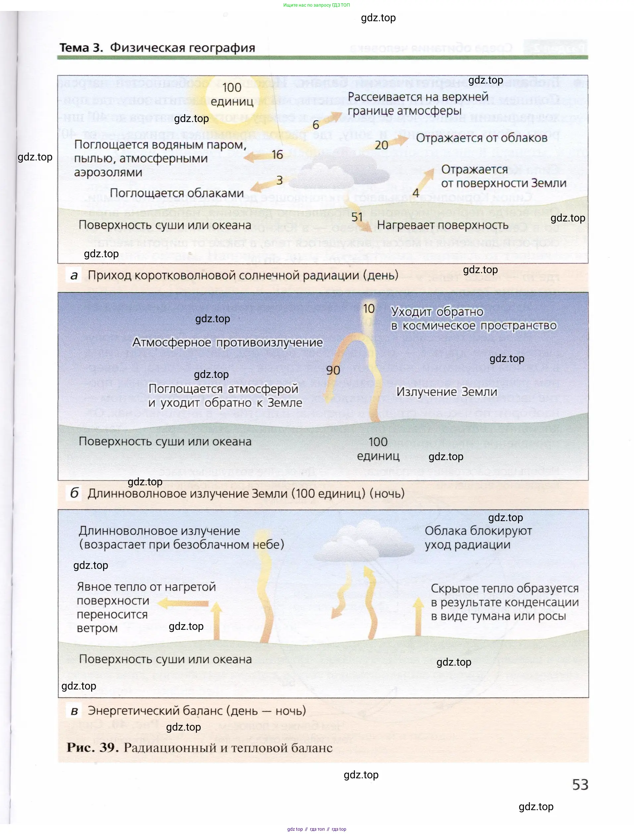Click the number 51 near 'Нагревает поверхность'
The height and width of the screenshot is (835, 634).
click(x=357, y=217)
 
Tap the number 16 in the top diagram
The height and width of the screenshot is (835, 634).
click(x=277, y=154)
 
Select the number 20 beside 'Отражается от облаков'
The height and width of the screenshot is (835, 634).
click(x=381, y=145)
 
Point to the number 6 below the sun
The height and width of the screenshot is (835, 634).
click(x=316, y=125)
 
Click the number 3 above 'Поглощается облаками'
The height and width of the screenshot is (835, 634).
click(x=279, y=180)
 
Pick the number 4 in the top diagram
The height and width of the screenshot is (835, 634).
click(x=416, y=193)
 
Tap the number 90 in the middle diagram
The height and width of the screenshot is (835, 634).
click(x=333, y=370)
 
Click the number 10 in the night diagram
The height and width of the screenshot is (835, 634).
click(x=369, y=309)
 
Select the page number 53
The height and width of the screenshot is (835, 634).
click(x=580, y=785)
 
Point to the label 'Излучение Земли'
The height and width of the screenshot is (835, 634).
click(x=446, y=392)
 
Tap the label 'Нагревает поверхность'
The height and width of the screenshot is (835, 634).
click(x=443, y=225)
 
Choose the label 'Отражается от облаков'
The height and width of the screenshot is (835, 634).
click(x=482, y=138)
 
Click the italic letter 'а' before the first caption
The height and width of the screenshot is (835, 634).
click(x=74, y=275)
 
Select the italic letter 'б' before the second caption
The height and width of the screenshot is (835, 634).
click(x=74, y=493)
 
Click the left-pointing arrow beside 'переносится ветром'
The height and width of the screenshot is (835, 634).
click(x=183, y=604)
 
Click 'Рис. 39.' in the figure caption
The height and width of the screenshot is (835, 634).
click(x=92, y=748)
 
